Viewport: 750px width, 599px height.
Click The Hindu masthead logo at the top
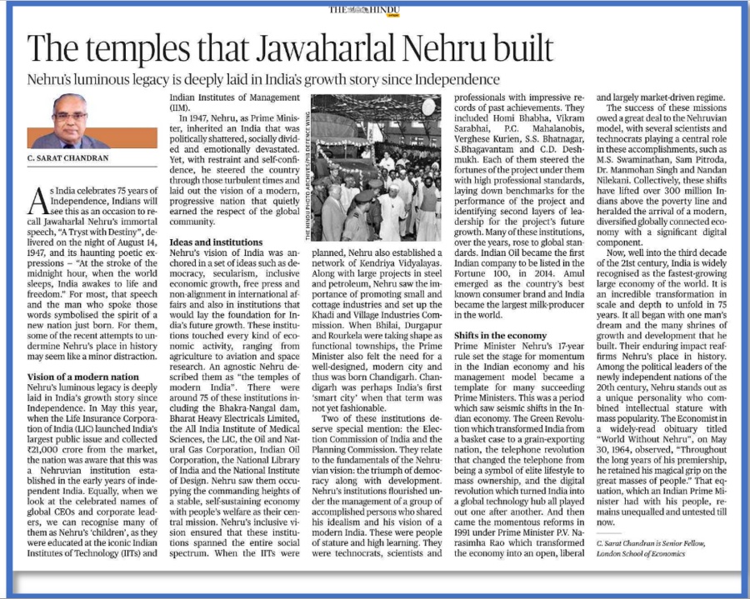[374, 9]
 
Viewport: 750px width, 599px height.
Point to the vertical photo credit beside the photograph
[315, 167]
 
